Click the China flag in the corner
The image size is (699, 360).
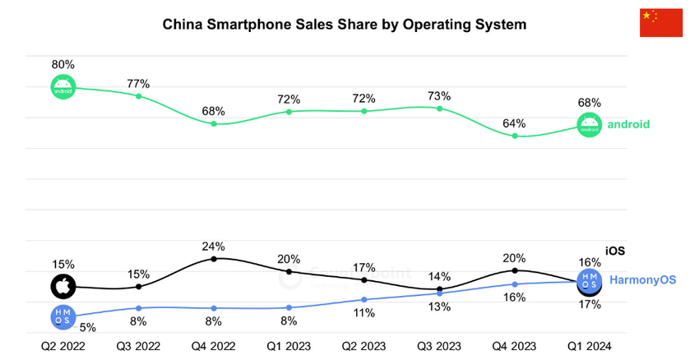661,23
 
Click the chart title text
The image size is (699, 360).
344,25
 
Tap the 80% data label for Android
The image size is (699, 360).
63,64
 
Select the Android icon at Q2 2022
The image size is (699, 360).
63,87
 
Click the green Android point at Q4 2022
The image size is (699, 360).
214,123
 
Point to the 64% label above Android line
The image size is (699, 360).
515,123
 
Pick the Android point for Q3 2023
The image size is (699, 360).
440,108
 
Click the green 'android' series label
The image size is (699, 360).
628,124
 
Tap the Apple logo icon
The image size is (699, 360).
63,287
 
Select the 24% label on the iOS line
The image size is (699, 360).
214,246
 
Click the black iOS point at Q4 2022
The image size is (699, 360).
214,259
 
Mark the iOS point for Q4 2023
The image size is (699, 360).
515,270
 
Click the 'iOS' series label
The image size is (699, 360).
616,251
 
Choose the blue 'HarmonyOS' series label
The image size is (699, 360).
642,280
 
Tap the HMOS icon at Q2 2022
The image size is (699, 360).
63,316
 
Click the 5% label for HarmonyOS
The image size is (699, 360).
88,326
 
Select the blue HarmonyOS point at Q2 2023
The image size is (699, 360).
364,299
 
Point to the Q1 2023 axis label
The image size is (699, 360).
289,346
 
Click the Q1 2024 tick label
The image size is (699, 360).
590,346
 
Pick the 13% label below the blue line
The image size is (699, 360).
440,307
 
